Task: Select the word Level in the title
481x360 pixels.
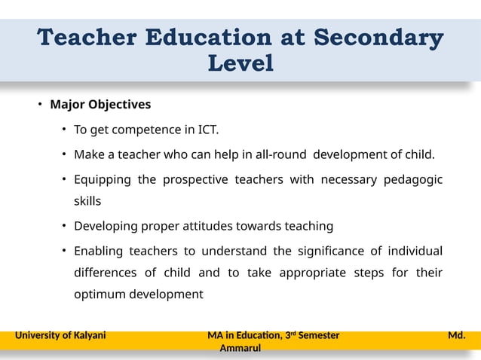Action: coord(240,64)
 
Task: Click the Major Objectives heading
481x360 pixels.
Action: coord(100,104)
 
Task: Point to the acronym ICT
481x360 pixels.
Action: coord(207,130)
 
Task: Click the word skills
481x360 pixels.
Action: coord(87,201)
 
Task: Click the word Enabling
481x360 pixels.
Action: coord(98,250)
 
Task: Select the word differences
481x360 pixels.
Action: coord(105,272)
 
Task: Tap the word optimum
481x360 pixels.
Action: coord(98,294)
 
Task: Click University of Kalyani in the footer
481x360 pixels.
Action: coord(60,335)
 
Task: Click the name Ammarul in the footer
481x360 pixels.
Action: coord(240,349)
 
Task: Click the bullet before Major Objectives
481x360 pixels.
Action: coord(41,104)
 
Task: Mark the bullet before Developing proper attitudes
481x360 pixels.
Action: coord(65,226)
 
